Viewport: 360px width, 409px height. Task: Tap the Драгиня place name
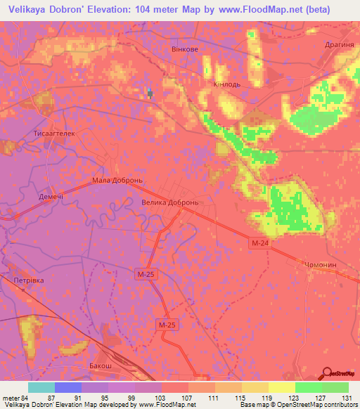click(339, 44)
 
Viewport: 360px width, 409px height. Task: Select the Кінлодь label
click(227, 84)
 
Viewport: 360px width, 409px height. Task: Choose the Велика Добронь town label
click(172, 202)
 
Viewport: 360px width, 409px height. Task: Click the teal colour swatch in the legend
click(41, 387)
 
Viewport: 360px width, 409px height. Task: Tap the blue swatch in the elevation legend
click(68, 387)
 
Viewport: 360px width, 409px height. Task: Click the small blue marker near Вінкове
click(150, 93)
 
